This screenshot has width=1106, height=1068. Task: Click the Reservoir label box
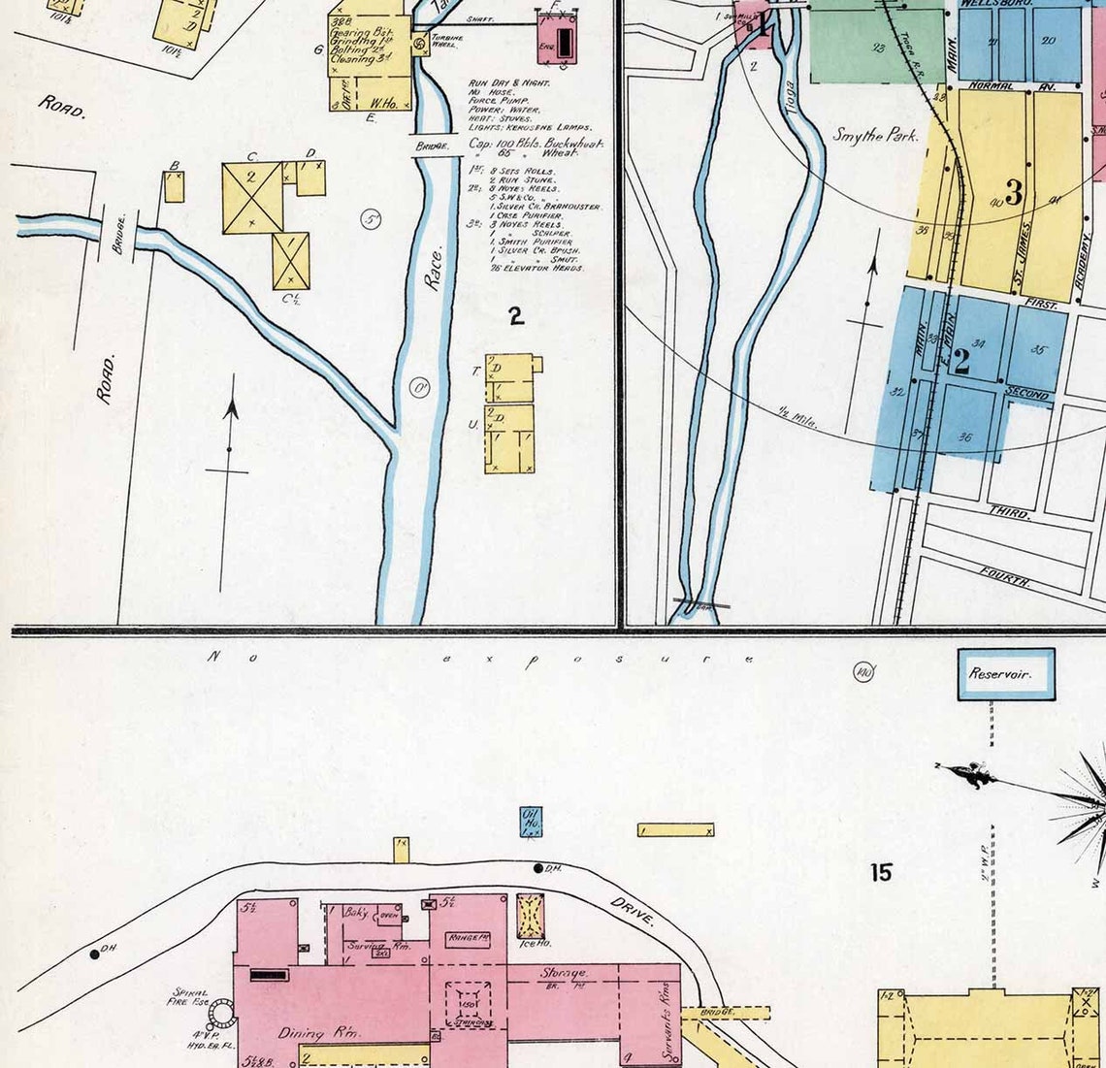click(1006, 673)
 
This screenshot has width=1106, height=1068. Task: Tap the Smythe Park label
click(874, 135)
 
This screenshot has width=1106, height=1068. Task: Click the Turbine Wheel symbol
click(419, 44)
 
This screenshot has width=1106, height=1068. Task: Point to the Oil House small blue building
click(531, 821)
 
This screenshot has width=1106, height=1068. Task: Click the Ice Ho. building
click(531, 917)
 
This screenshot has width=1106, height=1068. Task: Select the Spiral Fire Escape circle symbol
click(222, 1015)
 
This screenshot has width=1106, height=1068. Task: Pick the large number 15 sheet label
click(880, 872)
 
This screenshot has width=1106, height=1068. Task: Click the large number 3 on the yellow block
click(1014, 193)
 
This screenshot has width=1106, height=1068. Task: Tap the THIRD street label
click(1009, 511)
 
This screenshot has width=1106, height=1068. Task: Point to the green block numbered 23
click(876, 47)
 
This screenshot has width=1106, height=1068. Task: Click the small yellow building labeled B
click(174, 185)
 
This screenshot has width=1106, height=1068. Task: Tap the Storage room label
click(564, 973)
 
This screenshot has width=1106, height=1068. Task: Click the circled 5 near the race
click(372, 219)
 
